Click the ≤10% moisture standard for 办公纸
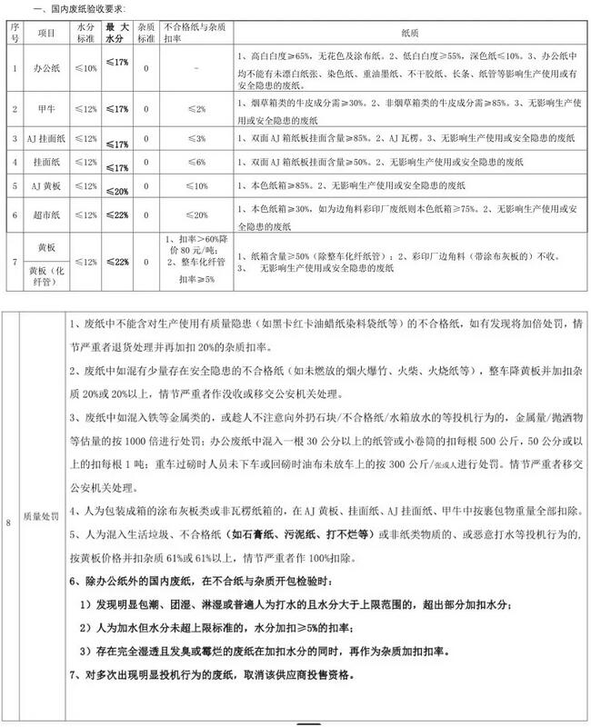[85, 68]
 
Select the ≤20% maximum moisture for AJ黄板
[116, 190]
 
